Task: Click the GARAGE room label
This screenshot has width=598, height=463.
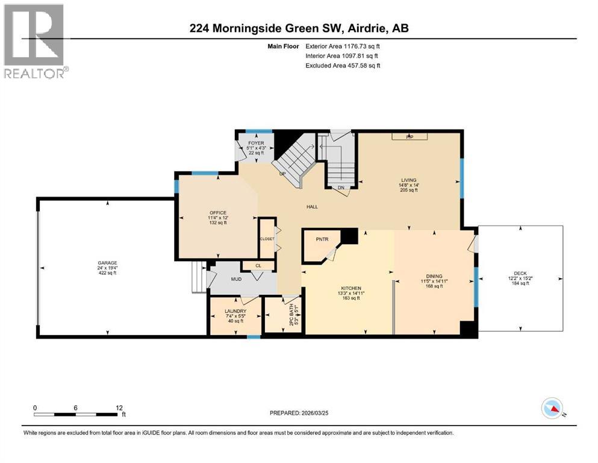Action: pos(107,263)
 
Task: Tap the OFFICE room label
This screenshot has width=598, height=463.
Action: pos(217,212)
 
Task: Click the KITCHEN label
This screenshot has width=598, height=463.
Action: pos(350,289)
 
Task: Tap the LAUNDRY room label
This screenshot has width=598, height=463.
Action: pos(235,311)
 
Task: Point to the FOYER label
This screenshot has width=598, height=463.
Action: pos(256,143)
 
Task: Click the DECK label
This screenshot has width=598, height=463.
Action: pos(520,273)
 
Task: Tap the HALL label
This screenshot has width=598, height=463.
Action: pos(312,207)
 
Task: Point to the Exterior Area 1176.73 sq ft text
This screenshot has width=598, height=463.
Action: pos(343,46)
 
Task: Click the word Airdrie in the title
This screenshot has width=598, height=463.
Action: pos(360,28)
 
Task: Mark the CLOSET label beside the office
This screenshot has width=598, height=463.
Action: pos(266,239)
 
